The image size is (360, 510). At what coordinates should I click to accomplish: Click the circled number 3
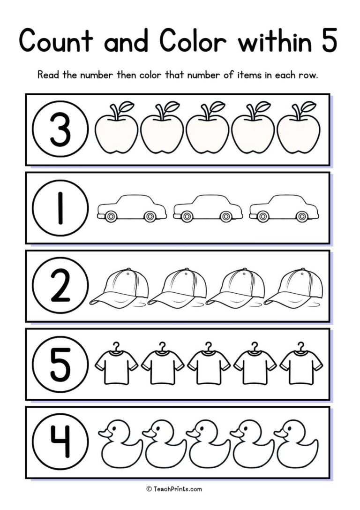60,129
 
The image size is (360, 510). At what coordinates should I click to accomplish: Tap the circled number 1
60,207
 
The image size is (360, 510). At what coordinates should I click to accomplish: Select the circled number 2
60,285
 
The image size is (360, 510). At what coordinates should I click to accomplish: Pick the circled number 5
60,364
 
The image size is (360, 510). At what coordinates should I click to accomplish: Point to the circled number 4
60,442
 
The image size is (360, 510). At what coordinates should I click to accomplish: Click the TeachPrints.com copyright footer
174,489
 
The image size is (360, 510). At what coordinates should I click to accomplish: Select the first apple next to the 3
116,132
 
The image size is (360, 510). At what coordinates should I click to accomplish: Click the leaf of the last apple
308,106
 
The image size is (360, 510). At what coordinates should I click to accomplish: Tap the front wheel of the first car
111,216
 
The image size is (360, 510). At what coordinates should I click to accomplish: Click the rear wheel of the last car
301,216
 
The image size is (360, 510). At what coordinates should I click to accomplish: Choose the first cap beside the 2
120,287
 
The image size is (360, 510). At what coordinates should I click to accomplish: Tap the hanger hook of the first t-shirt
116,346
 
